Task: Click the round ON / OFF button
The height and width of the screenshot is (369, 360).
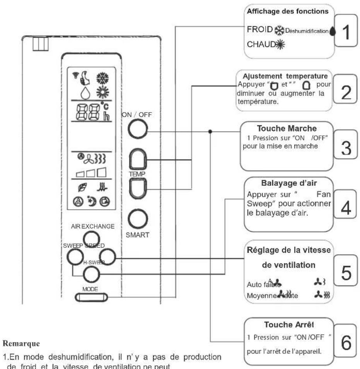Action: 138,131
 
